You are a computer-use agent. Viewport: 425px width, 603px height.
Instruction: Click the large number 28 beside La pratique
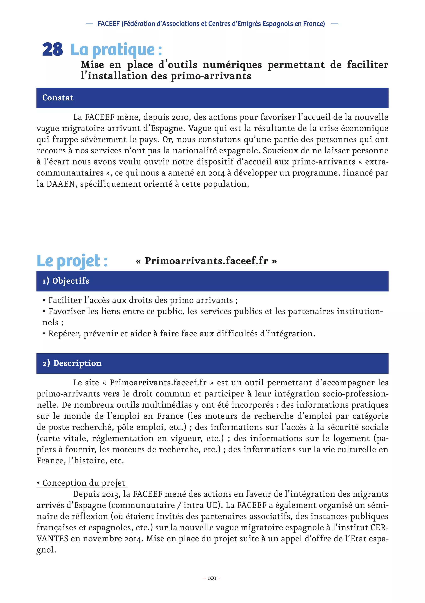[x=53, y=49]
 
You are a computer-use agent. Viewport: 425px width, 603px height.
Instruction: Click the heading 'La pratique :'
[x=116, y=49]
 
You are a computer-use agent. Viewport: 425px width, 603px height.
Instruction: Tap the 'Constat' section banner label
[x=58, y=98]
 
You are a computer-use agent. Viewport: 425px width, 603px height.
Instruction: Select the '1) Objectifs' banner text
[x=66, y=281]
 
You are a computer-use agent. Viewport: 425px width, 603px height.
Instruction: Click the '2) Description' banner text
[x=72, y=363]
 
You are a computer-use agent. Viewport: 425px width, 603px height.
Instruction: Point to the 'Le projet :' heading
[x=72, y=261]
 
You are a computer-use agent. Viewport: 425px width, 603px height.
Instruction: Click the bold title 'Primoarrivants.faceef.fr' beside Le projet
[x=206, y=261]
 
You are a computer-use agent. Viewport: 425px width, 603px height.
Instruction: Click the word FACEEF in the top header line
[x=109, y=24]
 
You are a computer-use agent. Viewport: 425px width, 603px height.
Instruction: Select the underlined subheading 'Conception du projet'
[x=84, y=483]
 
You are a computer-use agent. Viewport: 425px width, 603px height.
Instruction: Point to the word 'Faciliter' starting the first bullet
[x=65, y=300]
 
